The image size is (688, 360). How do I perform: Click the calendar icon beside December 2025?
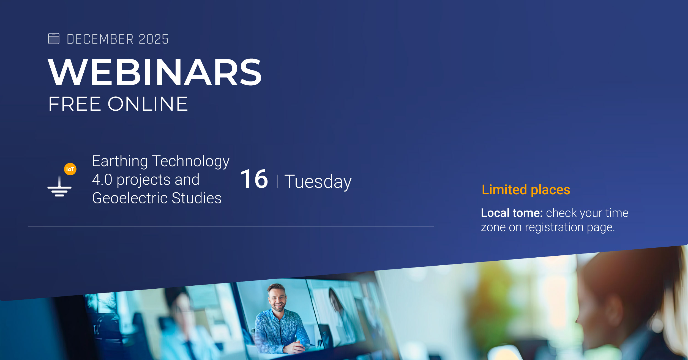pyautogui.click(x=54, y=39)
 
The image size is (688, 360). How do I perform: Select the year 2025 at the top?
pyautogui.click(x=154, y=39)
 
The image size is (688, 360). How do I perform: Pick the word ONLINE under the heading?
pyautogui.click(x=148, y=104)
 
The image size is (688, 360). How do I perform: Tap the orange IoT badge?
pyautogui.click(x=70, y=169)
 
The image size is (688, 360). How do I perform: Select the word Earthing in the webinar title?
pyautogui.click(x=120, y=161)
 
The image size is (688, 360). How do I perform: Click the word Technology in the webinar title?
pyautogui.click(x=191, y=162)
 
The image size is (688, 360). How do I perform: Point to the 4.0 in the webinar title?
pyautogui.click(x=102, y=180)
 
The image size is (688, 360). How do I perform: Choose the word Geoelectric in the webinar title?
pyautogui.click(x=129, y=198)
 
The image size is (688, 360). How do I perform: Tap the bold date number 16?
pyautogui.click(x=254, y=179)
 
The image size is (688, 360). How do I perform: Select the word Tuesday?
pyautogui.click(x=318, y=182)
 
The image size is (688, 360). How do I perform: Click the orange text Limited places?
pyautogui.click(x=526, y=190)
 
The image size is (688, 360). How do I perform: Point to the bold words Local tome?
pyautogui.click(x=512, y=213)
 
